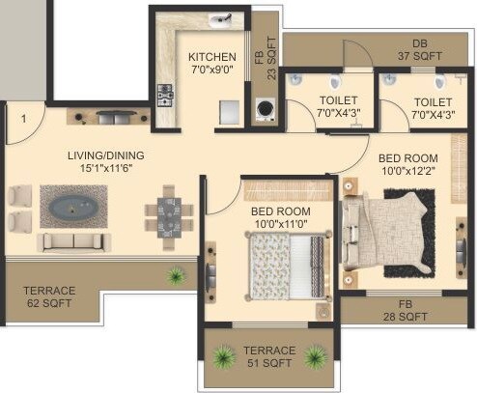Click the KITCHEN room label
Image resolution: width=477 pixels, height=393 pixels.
pyautogui.click(x=211, y=56)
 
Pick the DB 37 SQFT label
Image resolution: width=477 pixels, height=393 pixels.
pyautogui.click(x=418, y=50)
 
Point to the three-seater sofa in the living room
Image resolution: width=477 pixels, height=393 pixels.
pyautogui.click(x=70, y=239)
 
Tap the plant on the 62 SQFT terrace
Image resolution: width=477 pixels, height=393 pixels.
pyautogui.click(x=176, y=276)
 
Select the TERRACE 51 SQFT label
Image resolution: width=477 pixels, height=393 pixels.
pyautogui.click(x=269, y=356)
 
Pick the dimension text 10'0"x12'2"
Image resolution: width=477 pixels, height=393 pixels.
pyautogui.click(x=407, y=172)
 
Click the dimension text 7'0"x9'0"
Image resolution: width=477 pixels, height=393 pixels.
pyautogui.click(x=211, y=70)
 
